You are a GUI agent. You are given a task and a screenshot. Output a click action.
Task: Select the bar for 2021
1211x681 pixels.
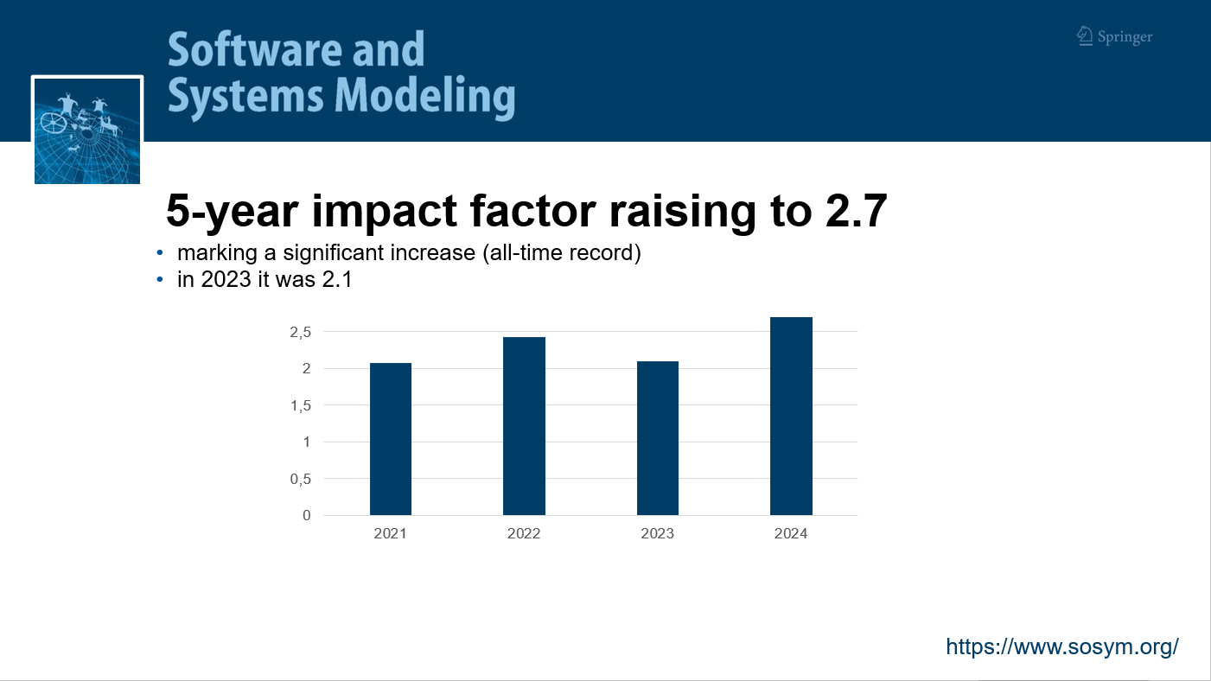(x=391, y=439)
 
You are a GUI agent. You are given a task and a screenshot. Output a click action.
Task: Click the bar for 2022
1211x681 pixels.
(x=524, y=426)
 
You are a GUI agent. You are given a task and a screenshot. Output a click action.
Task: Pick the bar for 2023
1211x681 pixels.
(x=658, y=438)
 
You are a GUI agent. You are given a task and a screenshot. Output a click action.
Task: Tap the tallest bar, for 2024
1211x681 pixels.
(x=791, y=416)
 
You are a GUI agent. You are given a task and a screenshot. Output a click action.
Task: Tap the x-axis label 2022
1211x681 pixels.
(x=524, y=533)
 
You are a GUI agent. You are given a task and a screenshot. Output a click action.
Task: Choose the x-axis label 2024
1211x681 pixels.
(x=791, y=533)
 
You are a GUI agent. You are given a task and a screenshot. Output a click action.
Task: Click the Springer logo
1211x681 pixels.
(x=1114, y=36)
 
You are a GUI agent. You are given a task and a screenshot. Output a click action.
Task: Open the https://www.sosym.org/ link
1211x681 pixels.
(x=1062, y=646)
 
